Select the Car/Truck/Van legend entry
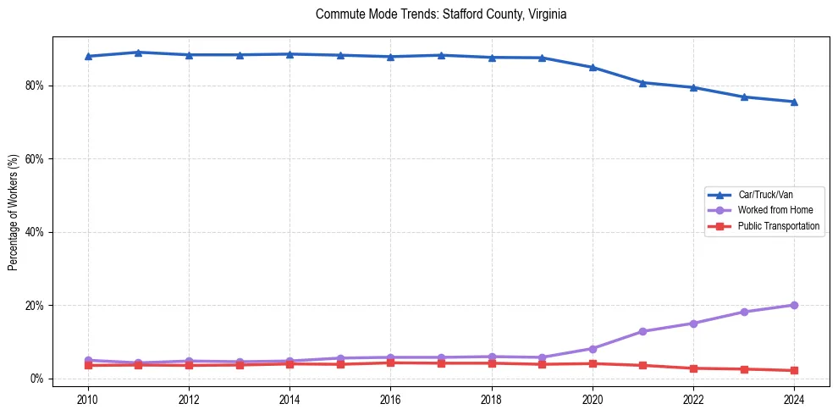[764, 195]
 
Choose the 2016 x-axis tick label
[390, 399]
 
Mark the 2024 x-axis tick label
[794, 399]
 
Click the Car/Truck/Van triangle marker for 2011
[138, 53]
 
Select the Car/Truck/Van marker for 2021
[642, 83]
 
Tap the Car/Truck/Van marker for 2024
[794, 102]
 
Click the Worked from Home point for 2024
[794, 305]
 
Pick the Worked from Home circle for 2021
[642, 331]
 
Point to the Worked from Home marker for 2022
[693, 324]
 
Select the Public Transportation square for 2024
[794, 370]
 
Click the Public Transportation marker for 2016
[390, 362]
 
